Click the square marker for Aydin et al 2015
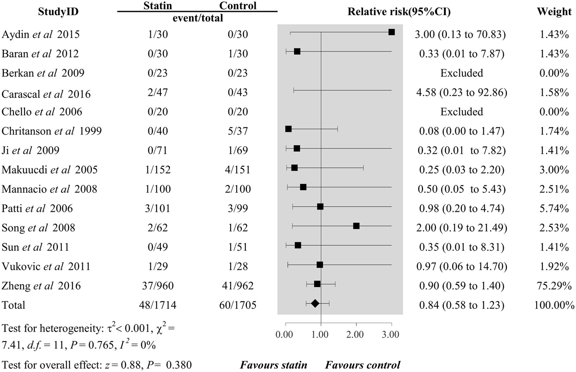click(391, 32)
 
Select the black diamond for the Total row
click(315, 303)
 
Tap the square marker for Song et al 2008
click(356, 226)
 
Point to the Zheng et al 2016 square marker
click(317, 284)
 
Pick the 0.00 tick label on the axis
click(284, 335)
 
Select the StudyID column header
click(58, 12)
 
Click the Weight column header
click(554, 12)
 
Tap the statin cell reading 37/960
click(158, 286)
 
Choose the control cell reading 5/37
click(238, 131)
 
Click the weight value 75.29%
click(554, 286)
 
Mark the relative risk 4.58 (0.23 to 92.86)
click(462, 92)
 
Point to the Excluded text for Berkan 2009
click(462, 73)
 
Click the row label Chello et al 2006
click(42, 112)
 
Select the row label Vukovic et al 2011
click(46, 266)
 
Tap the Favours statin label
click(274, 365)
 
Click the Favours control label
click(362, 365)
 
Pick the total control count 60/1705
click(238, 305)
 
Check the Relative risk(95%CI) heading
click(399, 12)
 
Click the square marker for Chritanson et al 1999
click(288, 129)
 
